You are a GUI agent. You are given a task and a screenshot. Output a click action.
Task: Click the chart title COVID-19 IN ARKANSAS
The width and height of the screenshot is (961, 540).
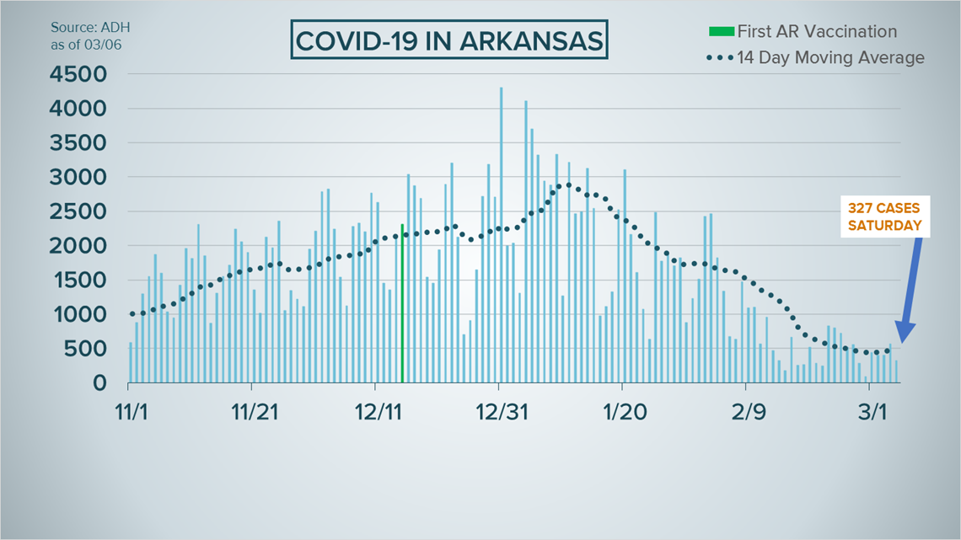click(449, 41)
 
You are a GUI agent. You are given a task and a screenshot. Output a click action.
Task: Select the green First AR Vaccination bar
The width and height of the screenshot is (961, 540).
click(402, 303)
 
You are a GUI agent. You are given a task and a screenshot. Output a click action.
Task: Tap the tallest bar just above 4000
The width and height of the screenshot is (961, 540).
click(501, 235)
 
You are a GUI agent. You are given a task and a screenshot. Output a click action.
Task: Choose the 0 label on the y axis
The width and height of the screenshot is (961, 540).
click(100, 383)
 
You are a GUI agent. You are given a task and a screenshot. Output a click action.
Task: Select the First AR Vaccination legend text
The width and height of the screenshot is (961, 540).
click(817, 32)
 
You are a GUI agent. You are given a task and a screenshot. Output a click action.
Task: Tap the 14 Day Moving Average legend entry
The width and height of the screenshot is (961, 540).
click(829, 57)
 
